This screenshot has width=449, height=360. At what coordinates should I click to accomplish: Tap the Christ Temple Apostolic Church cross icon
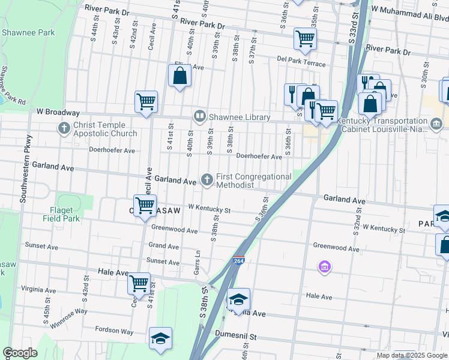pyautogui.click(x=64, y=128)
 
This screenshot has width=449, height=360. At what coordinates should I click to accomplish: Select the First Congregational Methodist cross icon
pyautogui.click(x=207, y=179)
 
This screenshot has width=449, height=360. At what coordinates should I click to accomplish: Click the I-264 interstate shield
pyautogui.click(x=238, y=260)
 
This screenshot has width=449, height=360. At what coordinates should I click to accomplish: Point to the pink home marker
pyautogui.click(x=324, y=266)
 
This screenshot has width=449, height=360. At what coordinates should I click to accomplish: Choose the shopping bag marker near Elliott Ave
pyautogui.click(x=179, y=76)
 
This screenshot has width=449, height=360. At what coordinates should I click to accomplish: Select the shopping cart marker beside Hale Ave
pyautogui.click(x=139, y=283)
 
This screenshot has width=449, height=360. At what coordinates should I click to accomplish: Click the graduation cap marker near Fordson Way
pyautogui.click(x=160, y=338)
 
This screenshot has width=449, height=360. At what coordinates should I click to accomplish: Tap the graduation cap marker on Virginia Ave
pyautogui.click(x=238, y=299)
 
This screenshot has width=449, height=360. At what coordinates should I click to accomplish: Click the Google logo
pyautogui.click(x=20, y=353)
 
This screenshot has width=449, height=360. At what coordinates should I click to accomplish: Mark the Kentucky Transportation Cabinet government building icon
pyautogui.click(x=436, y=124)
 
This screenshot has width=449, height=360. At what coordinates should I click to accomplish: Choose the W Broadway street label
pyautogui.click(x=58, y=112)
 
